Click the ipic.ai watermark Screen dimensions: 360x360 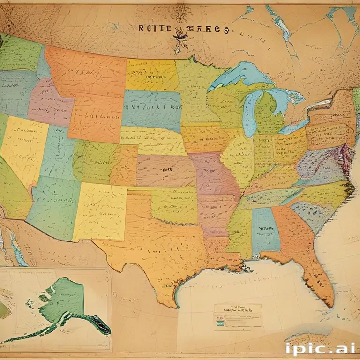coord(319,348)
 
